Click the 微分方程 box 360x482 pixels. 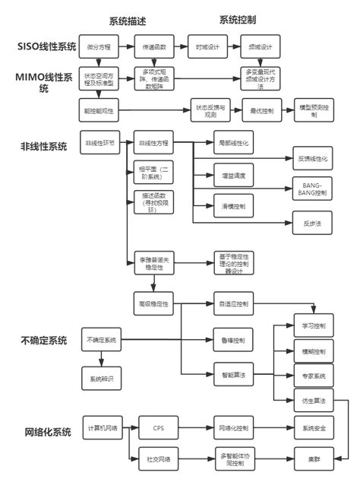click(x=99, y=47)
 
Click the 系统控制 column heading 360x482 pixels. click(x=237, y=20)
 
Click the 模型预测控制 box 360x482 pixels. click(x=313, y=110)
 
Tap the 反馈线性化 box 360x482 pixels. click(x=312, y=159)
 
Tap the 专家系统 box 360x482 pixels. click(x=312, y=376)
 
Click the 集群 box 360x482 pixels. click(x=312, y=459)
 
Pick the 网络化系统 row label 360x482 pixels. click(x=44, y=432)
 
